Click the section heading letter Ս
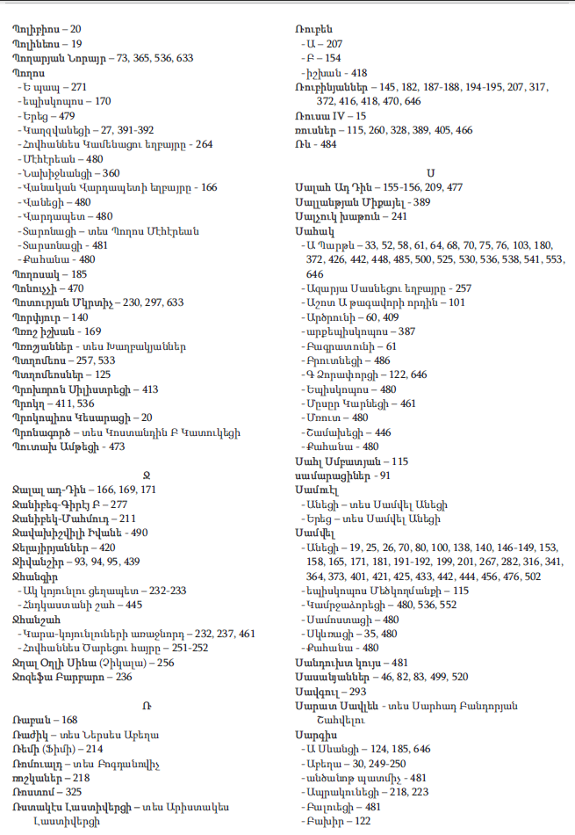pos(431,171)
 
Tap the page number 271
pos(79,88)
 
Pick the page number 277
pos(118,505)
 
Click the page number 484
pos(327,144)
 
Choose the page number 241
pos(399,216)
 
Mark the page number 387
pos(406,331)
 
